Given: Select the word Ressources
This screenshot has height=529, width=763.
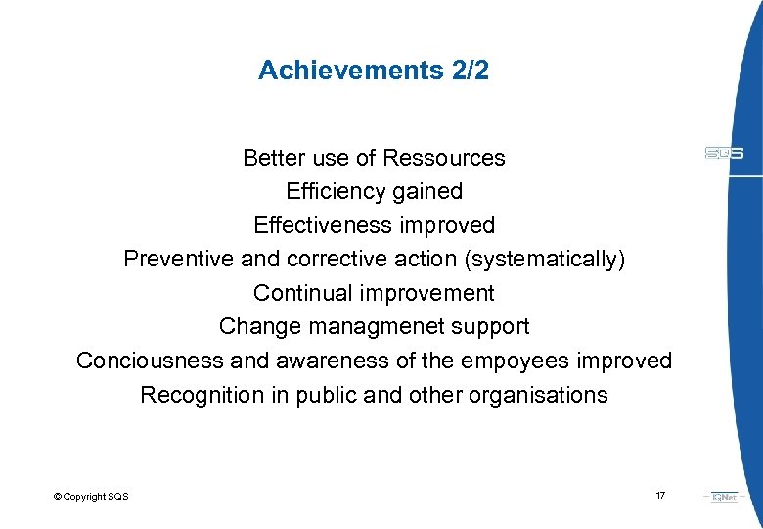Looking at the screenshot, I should pos(444,158).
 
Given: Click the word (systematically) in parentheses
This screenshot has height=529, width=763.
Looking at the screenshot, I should pos(546,259).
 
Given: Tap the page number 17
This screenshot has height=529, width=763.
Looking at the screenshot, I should pos(660,496).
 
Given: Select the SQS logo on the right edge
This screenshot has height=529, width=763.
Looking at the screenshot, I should pos(724,153).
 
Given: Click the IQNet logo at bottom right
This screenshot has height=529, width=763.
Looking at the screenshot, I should pos(725,497).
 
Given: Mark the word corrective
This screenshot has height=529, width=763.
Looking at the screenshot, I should pos(335,259).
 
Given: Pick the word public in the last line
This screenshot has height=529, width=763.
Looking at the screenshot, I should pos(328,395).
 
